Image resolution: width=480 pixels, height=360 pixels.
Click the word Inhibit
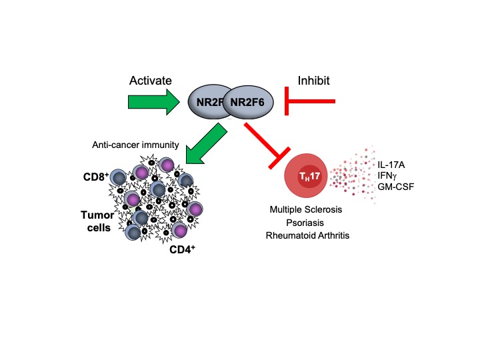coord(309,80)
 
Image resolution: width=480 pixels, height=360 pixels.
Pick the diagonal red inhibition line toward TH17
coord(264,143)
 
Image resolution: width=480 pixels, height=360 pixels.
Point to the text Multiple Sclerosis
coord(307,209)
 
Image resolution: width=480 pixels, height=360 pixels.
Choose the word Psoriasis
coord(307,222)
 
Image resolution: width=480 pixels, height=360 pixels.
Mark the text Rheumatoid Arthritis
coord(307,235)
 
